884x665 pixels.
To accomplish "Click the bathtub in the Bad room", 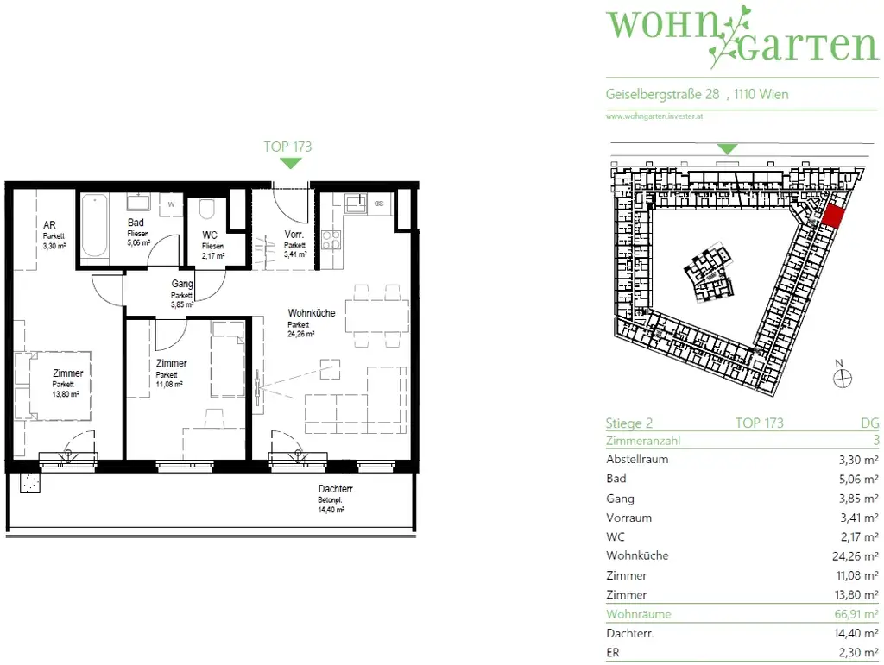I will pos(95,226).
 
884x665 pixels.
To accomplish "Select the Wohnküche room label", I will pos(312,313).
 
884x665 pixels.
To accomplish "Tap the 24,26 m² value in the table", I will pos(855,556).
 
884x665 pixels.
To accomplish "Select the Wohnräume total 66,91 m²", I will pos(855,614).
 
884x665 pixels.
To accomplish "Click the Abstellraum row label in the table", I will pos(637,460).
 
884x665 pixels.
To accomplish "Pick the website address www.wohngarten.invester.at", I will pos(654,116).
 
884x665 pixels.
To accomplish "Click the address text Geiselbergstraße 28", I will pos(662,95).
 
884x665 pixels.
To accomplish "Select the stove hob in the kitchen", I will pos(330,240).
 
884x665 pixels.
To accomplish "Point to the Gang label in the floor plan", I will pos(181,284).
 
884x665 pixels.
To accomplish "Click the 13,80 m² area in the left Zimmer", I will pos(65,393).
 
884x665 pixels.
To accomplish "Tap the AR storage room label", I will pos(50,225).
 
